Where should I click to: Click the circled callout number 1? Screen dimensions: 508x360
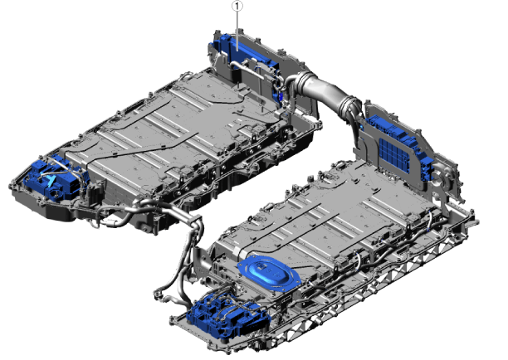coord(237,6)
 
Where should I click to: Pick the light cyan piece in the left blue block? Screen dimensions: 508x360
coord(51,182)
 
